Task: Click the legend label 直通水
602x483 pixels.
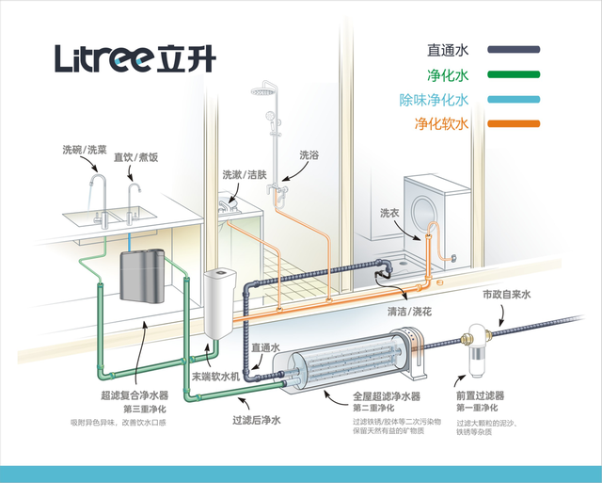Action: pos(447,50)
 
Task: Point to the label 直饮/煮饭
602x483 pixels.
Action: pos(136,157)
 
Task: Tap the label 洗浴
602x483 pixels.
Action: pos(309,154)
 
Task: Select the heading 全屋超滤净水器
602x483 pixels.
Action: pos(386,396)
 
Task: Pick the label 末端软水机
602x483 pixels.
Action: pos(214,375)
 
